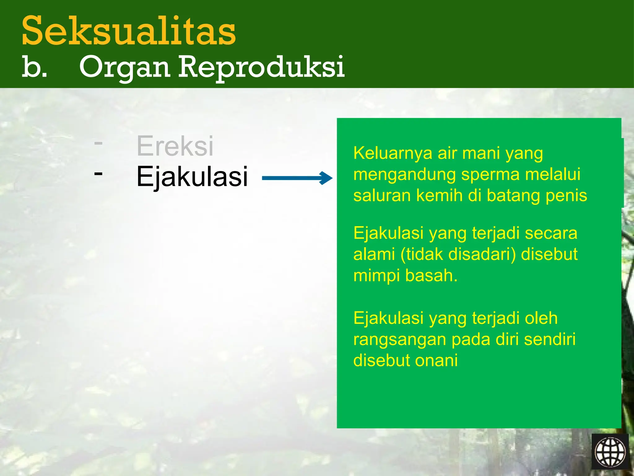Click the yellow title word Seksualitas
coord(128,31)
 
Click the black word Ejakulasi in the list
coord(192,177)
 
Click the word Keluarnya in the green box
coord(393,153)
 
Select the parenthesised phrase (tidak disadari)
coord(458,254)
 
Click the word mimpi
coord(376,275)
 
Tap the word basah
coord(431,275)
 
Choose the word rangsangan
coord(400,340)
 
